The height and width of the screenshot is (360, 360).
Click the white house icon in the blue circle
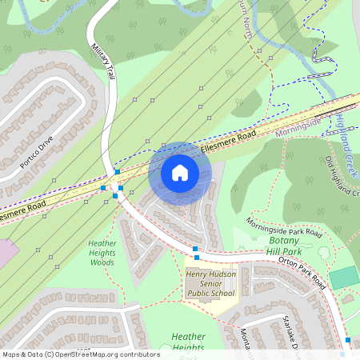(180, 173)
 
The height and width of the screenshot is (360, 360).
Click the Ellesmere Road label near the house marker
(229, 142)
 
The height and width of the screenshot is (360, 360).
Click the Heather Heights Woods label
(102, 252)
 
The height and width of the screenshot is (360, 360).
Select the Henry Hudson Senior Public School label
(210, 283)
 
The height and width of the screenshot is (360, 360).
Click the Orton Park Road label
(303, 271)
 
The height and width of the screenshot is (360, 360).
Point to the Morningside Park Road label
(283, 227)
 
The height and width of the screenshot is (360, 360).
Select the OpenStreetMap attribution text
(80, 354)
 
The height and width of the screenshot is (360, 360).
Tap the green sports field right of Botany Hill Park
(344, 278)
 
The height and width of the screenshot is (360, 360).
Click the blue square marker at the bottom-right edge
(346, 340)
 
